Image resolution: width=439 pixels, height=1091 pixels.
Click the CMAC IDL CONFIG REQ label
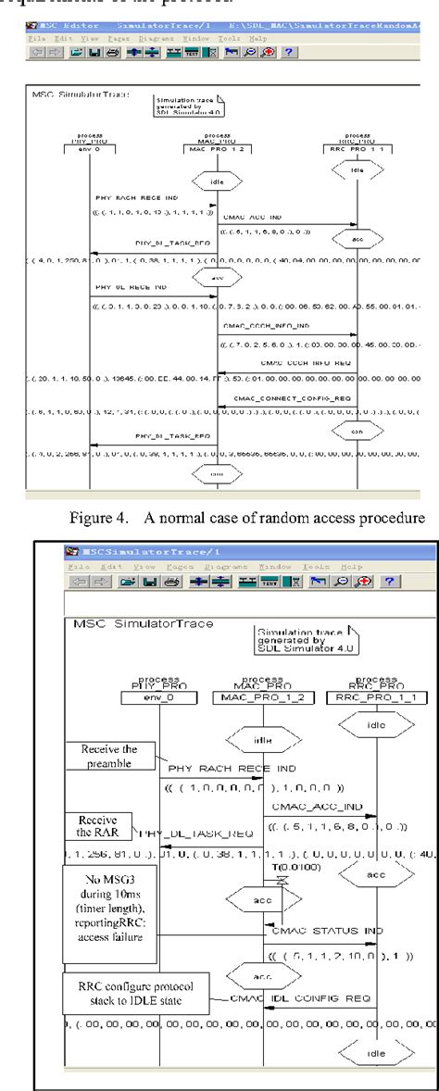click(x=293, y=972)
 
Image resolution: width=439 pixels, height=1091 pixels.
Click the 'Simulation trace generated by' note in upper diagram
click(x=182, y=106)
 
